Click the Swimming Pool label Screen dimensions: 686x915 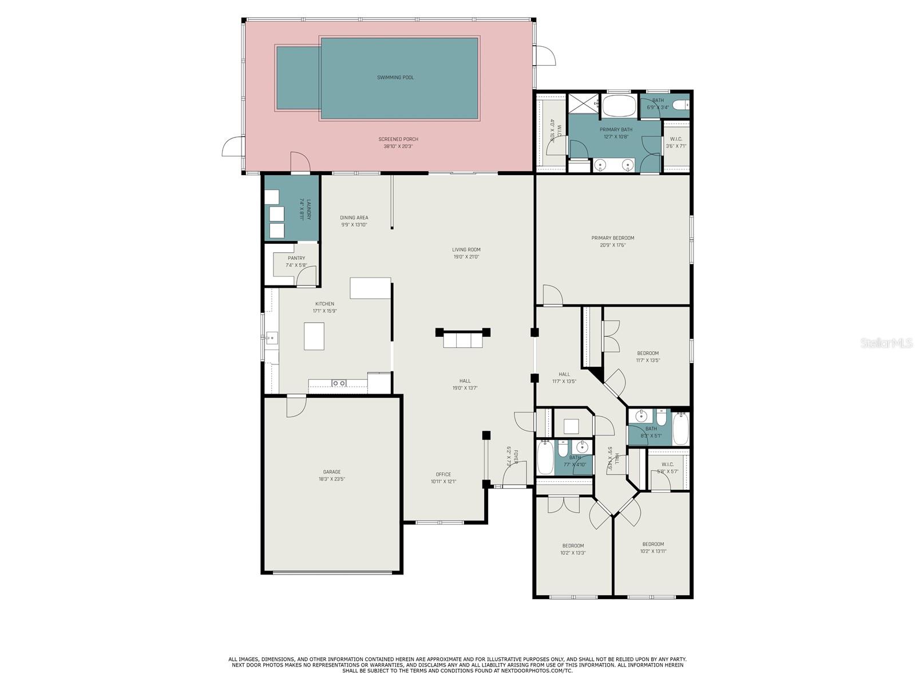coord(395,77)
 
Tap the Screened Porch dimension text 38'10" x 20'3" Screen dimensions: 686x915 coord(398,146)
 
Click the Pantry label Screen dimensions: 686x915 coord(296,258)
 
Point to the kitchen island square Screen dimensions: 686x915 coord(314,336)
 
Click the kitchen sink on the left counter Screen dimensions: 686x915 coord(271,337)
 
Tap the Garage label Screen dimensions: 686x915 coord(332,472)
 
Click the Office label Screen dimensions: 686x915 coord(443,474)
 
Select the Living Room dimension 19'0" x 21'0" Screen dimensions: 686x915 coord(466,257)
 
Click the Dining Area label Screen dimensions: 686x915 coord(354,217)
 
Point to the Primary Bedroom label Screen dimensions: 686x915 coord(612,238)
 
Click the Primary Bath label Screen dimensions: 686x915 coord(616,129)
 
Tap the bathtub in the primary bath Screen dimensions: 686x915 coord(619,106)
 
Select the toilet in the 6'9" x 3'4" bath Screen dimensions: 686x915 coord(680,105)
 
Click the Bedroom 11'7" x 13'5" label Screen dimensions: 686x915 coord(647,353)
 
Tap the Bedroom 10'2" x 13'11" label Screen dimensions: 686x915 coord(653,544)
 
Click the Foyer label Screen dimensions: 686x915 coord(515,456)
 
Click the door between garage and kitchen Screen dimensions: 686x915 coord(296,403)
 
